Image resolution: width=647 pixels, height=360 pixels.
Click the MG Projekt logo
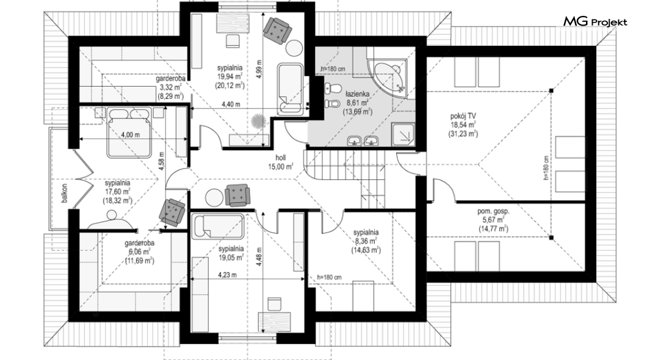(x=595, y=22)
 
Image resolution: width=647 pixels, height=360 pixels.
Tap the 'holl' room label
(x=281, y=157)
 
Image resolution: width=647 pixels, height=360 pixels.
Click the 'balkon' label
(x=65, y=193)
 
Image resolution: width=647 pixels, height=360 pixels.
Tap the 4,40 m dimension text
(x=231, y=104)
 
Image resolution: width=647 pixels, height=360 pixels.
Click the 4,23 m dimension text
(x=227, y=275)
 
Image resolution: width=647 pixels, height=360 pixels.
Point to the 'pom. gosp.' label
(x=493, y=211)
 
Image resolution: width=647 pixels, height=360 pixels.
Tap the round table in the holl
(x=215, y=198)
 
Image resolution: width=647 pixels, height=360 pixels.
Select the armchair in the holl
(x=237, y=195)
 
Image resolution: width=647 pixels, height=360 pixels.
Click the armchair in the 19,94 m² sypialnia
(x=277, y=30)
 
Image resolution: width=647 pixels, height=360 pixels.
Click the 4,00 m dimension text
(x=130, y=134)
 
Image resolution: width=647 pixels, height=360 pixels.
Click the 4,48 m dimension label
(x=259, y=256)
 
